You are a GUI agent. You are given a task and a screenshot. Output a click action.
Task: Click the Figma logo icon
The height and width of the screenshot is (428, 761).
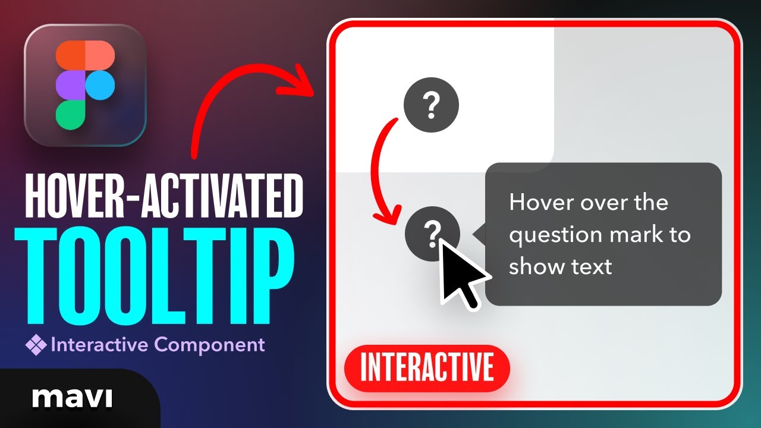[85, 85]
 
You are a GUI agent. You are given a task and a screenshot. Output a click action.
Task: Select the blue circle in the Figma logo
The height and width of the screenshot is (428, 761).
[100, 85]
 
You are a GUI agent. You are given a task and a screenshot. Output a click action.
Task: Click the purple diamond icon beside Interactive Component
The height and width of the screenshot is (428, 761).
[36, 345]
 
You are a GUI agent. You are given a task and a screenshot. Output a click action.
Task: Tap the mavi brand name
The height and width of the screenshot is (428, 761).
[72, 397]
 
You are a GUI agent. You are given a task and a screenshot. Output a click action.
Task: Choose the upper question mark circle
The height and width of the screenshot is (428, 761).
[431, 106]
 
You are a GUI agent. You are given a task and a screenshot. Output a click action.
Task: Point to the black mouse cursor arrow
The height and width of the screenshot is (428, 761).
[461, 273]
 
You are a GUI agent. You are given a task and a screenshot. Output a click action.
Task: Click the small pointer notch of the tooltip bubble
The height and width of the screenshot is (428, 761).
[479, 234]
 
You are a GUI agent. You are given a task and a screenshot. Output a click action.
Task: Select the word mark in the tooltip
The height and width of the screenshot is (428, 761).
[634, 235]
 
